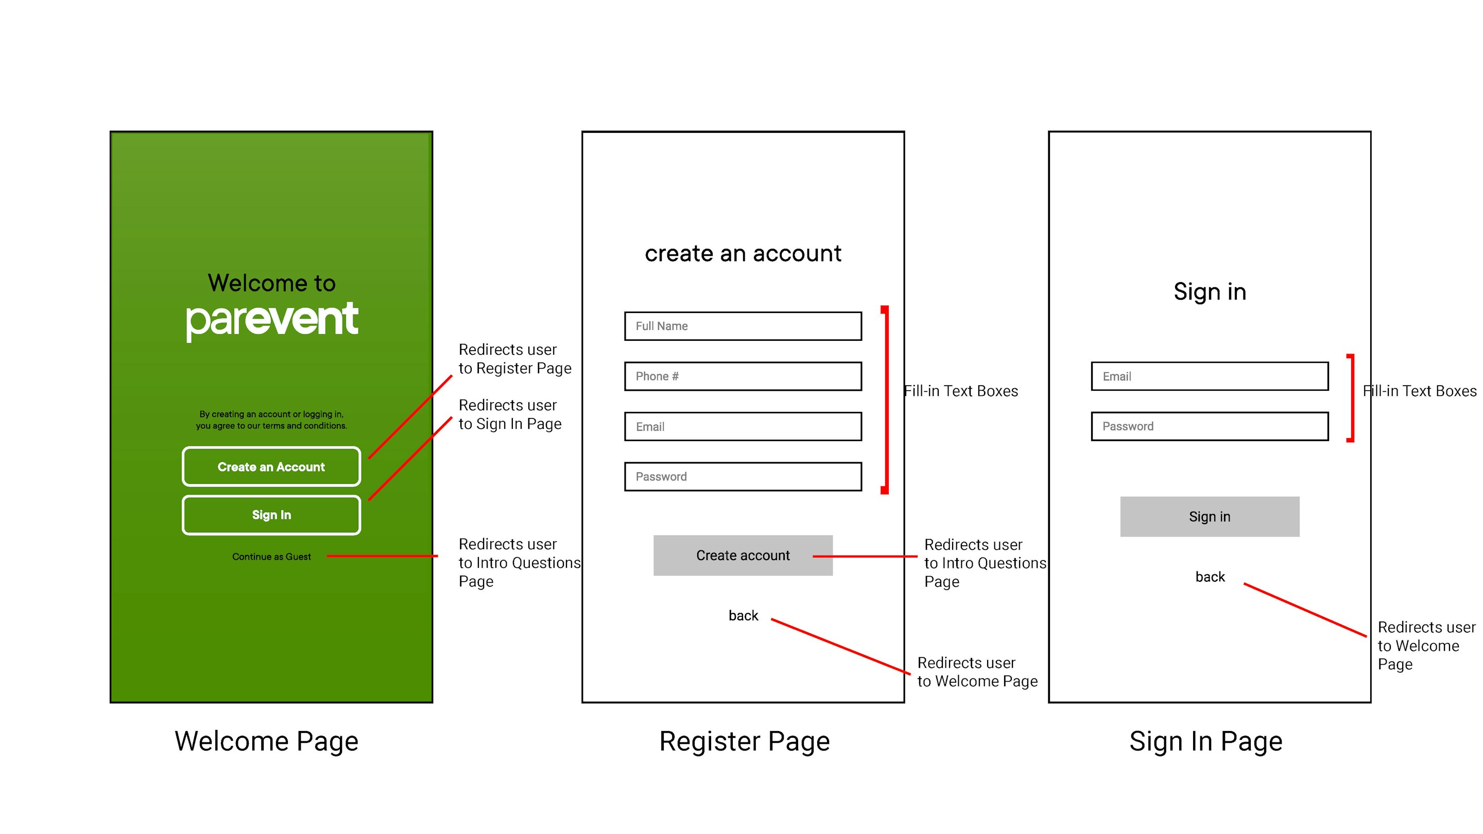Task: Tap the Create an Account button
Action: pyautogui.click(x=271, y=466)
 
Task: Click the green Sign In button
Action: pyautogui.click(x=271, y=515)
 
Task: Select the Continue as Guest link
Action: pyautogui.click(x=271, y=557)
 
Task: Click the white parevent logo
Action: pyautogui.click(x=272, y=321)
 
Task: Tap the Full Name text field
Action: pyautogui.click(x=743, y=326)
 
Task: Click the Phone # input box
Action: pyautogui.click(x=743, y=376)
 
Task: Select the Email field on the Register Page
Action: pyautogui.click(x=743, y=426)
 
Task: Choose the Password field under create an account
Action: pyautogui.click(x=743, y=477)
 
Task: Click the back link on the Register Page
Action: pyautogui.click(x=743, y=616)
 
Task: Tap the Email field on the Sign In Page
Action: pyautogui.click(x=1210, y=376)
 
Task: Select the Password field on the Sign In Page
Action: pyautogui.click(x=1210, y=426)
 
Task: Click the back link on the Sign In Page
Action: pyautogui.click(x=1210, y=577)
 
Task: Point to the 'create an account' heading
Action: pyautogui.click(x=743, y=253)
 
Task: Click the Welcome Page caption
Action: pyautogui.click(x=267, y=741)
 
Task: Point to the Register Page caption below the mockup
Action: pyautogui.click(x=745, y=741)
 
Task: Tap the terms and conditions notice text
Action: pyautogui.click(x=271, y=420)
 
